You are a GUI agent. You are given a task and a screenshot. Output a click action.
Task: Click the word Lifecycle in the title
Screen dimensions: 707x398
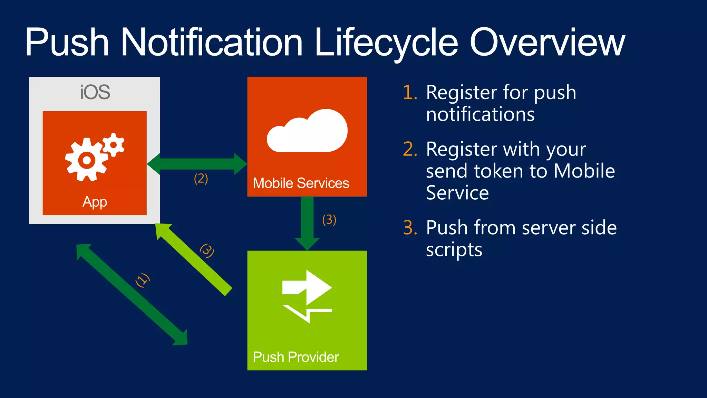(386, 43)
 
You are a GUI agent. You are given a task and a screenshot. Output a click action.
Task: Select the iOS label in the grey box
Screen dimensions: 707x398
(95, 92)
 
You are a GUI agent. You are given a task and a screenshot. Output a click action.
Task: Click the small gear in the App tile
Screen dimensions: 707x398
(113, 144)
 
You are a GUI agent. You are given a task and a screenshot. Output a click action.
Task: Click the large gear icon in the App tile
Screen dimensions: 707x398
(86, 160)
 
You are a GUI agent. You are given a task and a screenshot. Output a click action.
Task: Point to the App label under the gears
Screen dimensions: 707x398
(95, 202)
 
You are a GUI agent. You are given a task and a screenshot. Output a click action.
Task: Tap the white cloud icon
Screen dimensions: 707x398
(307, 131)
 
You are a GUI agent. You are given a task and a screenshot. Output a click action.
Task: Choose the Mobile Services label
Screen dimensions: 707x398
(301, 183)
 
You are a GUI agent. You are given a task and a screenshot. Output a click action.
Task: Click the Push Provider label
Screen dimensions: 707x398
(296, 357)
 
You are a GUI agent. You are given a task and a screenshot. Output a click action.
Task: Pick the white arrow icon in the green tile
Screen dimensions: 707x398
(307, 295)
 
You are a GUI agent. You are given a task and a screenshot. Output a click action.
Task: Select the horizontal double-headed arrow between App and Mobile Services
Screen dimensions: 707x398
(197, 164)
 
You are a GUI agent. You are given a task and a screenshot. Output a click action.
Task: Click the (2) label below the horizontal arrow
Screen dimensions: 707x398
(201, 179)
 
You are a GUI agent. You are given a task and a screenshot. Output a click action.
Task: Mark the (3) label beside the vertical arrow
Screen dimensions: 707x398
(329, 220)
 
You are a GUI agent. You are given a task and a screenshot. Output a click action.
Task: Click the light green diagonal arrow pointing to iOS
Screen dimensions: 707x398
(193, 259)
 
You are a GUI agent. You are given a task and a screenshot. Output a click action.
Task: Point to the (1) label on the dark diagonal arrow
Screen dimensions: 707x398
(142, 280)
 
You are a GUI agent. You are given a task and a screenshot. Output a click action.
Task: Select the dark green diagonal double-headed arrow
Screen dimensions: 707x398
(131, 294)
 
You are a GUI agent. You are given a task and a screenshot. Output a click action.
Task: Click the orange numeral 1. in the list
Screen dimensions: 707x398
(410, 93)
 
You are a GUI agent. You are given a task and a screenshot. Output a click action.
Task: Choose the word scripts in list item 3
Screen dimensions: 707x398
(454, 250)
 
